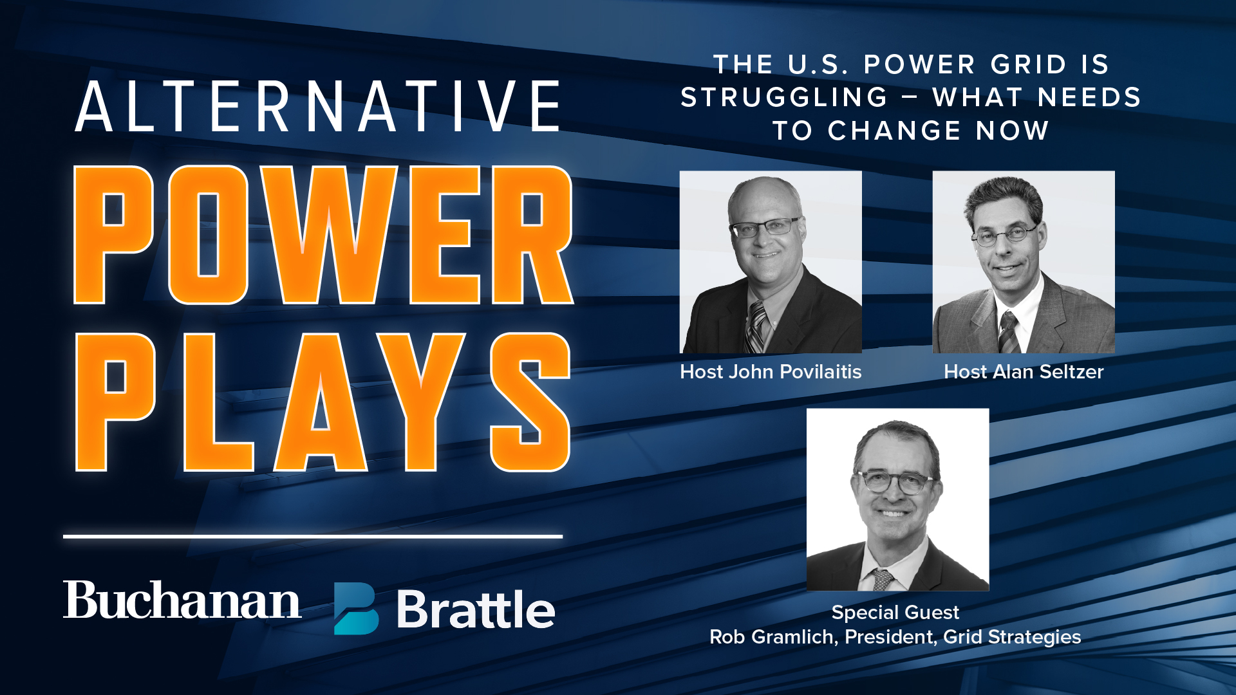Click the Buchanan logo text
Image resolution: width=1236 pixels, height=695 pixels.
[182, 600]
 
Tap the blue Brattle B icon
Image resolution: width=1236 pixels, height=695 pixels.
[356, 609]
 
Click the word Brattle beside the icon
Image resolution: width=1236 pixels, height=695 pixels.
[476, 609]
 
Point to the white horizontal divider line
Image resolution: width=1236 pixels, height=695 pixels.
[313, 535]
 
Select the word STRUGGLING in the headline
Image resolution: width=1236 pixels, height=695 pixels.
[785, 98]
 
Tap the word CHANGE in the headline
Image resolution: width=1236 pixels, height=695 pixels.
[895, 131]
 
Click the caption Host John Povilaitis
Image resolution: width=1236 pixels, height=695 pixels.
[771, 372]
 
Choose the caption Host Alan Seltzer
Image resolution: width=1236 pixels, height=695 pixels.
[1024, 372]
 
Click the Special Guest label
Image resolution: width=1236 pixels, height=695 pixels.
[895, 612]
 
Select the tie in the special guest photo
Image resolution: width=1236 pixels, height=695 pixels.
[883, 579]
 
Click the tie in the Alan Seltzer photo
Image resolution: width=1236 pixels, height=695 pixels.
[1009, 330]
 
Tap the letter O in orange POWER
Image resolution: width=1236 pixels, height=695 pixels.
[208, 235]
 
